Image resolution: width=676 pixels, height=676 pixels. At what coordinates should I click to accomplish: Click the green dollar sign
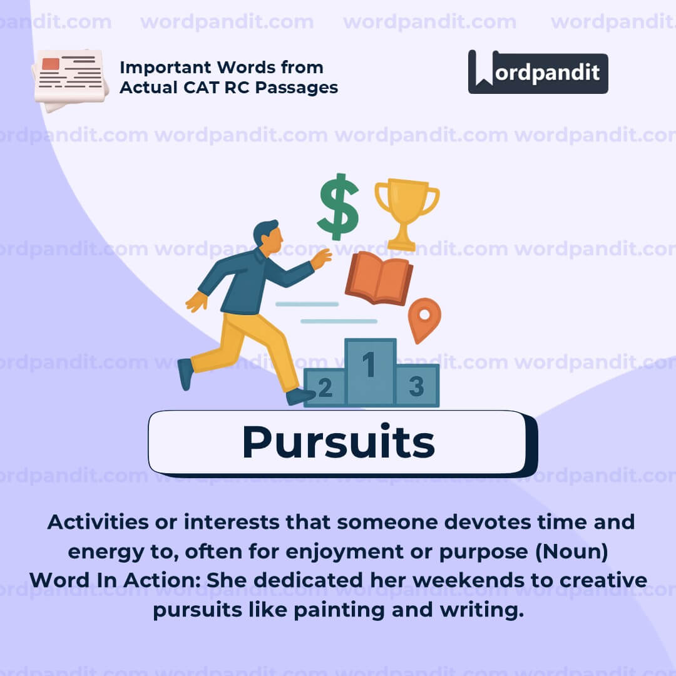(338, 206)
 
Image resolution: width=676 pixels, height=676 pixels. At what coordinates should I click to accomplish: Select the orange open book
(379, 278)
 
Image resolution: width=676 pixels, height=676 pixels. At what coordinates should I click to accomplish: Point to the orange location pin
(424, 316)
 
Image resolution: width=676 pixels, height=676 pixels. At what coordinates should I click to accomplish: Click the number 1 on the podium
(369, 364)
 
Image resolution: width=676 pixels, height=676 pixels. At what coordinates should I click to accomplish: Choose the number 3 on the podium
(416, 386)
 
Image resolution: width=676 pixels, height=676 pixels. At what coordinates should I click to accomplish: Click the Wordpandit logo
(538, 72)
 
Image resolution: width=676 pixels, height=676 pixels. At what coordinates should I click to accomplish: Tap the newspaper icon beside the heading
(70, 78)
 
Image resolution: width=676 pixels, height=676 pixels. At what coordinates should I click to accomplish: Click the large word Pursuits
(338, 443)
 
